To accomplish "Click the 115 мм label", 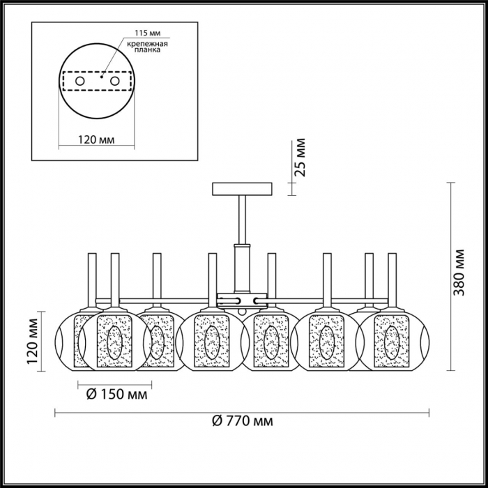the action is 148,33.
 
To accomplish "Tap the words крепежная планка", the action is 148,47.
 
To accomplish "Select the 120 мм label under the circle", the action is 96,139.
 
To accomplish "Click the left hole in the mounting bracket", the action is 80,82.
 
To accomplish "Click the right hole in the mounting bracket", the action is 115,82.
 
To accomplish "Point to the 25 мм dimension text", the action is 300,158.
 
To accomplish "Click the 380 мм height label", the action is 459,273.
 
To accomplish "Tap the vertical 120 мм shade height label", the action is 32,341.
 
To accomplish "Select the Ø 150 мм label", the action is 116,395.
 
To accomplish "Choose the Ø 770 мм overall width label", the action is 243,421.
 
